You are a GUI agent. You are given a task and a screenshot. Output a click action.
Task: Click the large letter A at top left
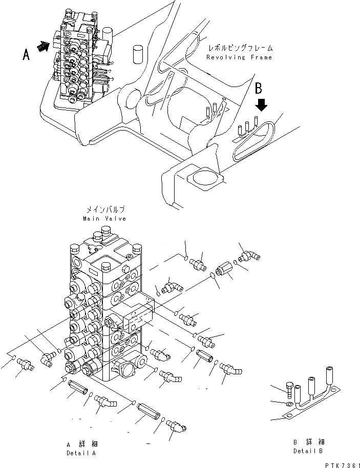click(26, 54)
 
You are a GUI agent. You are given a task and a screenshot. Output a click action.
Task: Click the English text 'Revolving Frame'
click(239, 57)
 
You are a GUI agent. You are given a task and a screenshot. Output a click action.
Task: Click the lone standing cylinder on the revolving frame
click(137, 53)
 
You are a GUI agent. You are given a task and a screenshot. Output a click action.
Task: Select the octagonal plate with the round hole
click(204, 180)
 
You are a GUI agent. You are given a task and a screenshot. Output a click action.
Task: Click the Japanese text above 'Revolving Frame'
click(240, 48)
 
